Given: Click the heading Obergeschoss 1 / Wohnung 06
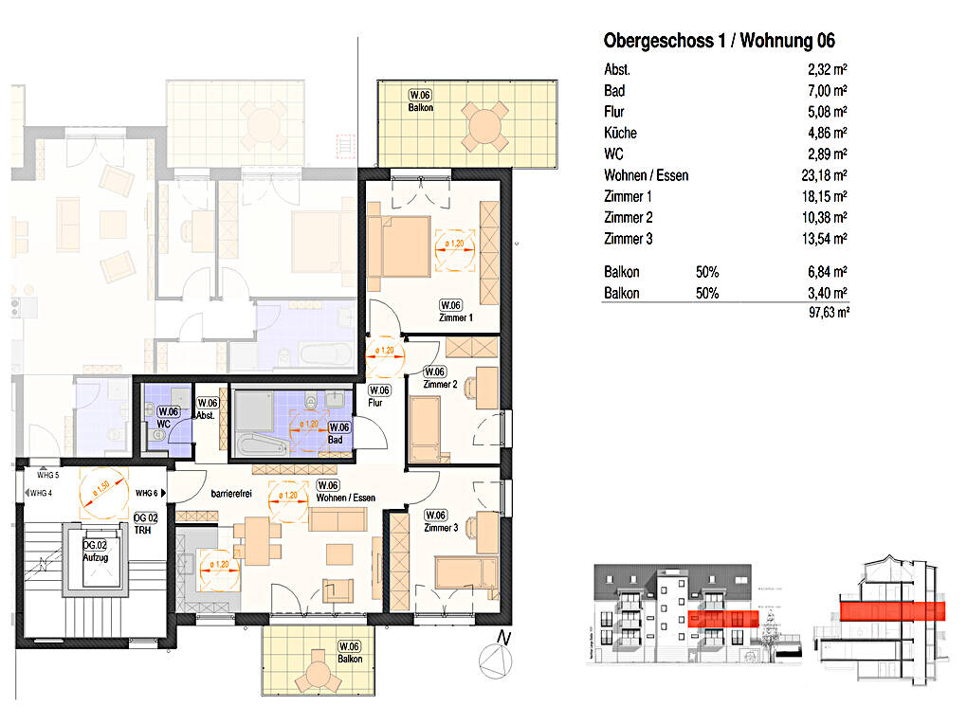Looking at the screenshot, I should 719,41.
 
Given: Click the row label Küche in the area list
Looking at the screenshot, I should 620,134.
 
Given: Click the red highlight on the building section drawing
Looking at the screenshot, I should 892,609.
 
